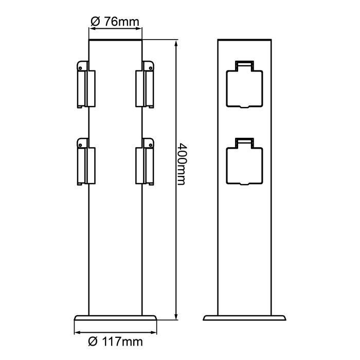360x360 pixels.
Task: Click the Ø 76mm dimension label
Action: click(x=115, y=22)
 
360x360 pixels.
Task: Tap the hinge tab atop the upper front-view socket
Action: click(x=245, y=65)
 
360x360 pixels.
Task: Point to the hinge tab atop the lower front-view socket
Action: click(x=245, y=141)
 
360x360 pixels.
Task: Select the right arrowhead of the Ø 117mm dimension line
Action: click(x=154, y=332)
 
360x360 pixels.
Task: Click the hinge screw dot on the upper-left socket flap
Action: click(x=81, y=66)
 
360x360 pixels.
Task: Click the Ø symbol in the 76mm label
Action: click(x=95, y=22)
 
